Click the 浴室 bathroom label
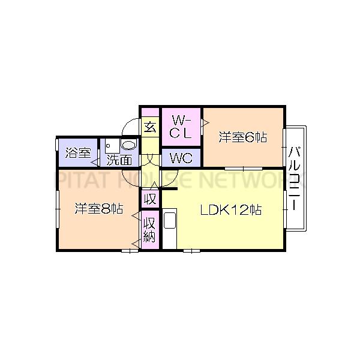pos(78,153)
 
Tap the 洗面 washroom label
pos(119,160)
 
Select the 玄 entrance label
pos(150,127)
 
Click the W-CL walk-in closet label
pos(180,127)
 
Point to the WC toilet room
pos(181,158)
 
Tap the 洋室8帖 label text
pos(99,209)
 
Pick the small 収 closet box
pos(150,198)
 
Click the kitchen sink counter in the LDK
pos(170,228)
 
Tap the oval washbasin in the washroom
pos(129,146)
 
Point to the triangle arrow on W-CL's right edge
pos(205,123)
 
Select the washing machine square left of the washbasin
pos(110,146)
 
